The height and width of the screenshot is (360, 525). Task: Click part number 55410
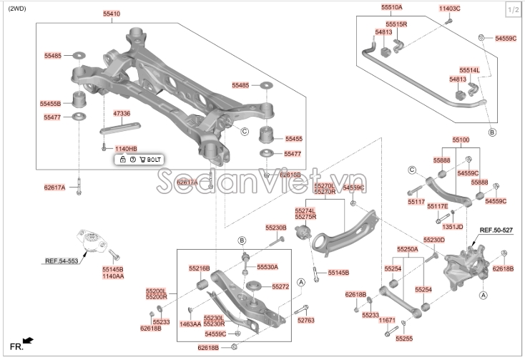pyautogui.click(x=111, y=14)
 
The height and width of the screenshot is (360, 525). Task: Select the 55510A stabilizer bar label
pyautogui.click(x=391, y=7)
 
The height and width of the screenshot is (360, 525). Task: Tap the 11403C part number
pyautogui.click(x=449, y=8)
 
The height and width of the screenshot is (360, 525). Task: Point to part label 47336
pyautogui.click(x=122, y=113)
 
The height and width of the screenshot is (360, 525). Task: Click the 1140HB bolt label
pyautogui.click(x=125, y=148)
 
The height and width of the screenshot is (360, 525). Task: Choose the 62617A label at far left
pyautogui.click(x=54, y=188)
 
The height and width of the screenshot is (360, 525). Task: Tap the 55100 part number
pyautogui.click(x=461, y=140)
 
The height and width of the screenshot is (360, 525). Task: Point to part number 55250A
pyautogui.click(x=408, y=249)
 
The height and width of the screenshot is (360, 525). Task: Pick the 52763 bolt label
pyautogui.click(x=305, y=320)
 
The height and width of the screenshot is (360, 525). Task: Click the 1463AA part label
pyautogui.click(x=190, y=323)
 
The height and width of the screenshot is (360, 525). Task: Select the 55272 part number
pyautogui.click(x=280, y=286)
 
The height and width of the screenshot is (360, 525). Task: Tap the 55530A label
pyautogui.click(x=268, y=267)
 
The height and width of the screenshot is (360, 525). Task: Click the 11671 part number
pyautogui.click(x=387, y=320)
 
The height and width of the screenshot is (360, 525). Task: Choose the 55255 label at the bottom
pyautogui.click(x=404, y=338)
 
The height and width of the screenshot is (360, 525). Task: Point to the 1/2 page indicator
pyautogui.click(x=513, y=10)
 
